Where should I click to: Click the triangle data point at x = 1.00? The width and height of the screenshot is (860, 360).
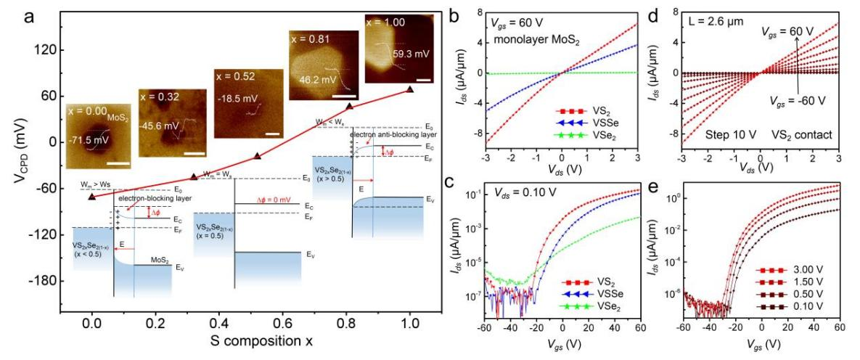410,89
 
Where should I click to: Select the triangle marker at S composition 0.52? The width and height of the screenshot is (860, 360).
258,155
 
